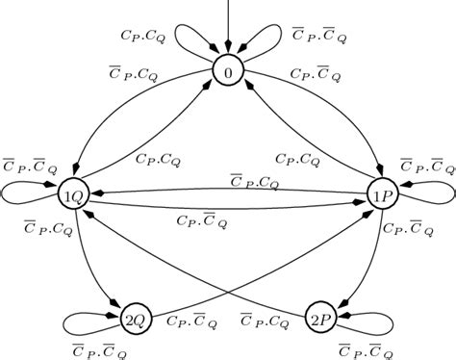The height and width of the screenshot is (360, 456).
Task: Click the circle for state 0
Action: [228, 73]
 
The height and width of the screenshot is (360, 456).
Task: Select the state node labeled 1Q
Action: [73, 194]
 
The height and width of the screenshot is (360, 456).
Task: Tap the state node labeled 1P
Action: [382, 194]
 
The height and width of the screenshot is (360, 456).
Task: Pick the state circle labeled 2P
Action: [318, 317]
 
